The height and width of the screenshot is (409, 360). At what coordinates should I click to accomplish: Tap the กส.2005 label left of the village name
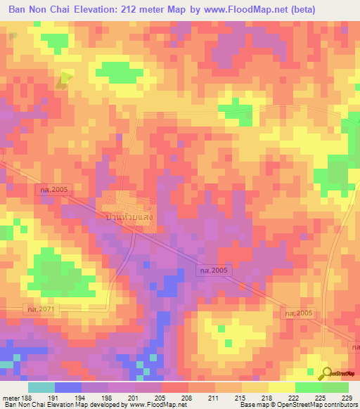tap(53, 189)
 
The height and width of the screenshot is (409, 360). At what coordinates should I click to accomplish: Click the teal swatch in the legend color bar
tap(41, 387)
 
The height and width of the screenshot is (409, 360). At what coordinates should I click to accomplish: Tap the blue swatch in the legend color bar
tap(68, 387)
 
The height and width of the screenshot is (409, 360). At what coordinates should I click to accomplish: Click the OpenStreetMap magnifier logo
tap(326, 372)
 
